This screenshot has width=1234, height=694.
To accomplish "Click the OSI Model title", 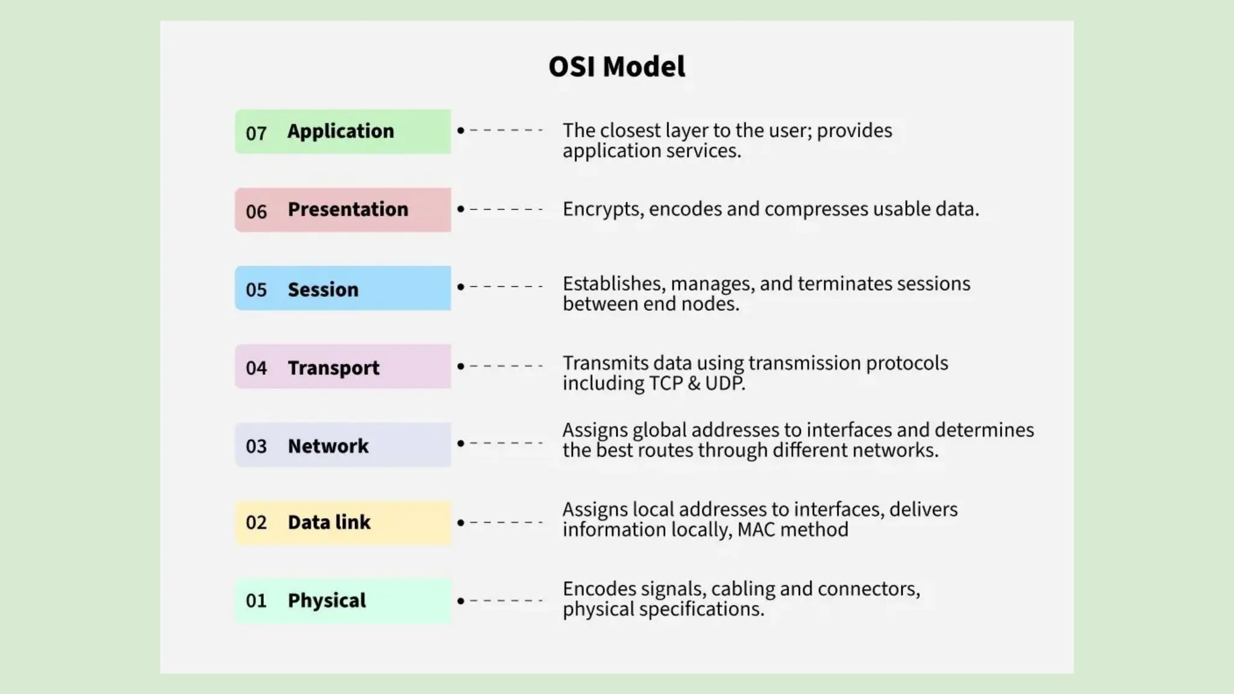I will pos(616,66).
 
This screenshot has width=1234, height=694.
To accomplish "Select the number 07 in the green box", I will pos(256,133).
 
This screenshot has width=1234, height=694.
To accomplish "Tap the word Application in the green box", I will pos(340,131).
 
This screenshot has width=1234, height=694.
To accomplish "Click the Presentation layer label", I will pos(348,210).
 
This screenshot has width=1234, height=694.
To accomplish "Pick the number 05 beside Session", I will pos(256,290).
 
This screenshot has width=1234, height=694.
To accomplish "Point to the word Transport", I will pos(333,368).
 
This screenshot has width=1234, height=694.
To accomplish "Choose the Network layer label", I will pos(328,446).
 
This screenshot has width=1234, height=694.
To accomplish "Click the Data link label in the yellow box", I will pos(329,522).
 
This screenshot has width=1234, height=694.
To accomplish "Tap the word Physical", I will pos(327,601).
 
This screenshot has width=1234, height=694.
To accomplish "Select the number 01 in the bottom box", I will pos(256,601).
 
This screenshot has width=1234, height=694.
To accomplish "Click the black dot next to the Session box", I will pos(461,287).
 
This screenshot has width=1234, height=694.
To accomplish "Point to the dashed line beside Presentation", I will pos(506,209).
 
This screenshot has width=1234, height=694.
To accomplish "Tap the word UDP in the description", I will pos(725,383).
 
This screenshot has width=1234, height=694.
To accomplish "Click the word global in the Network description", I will pos(659,430).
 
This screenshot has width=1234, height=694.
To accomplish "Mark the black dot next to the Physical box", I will pos(461,601).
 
